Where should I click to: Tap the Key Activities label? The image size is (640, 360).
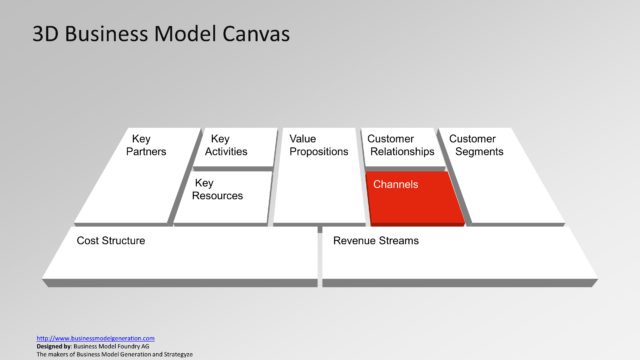click(x=226, y=145)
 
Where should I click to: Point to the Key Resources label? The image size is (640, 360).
click(x=218, y=190)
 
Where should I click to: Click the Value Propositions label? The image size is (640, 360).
click(x=318, y=145)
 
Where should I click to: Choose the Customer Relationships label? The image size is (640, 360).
click(x=400, y=145)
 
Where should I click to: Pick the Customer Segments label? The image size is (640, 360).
click(x=477, y=145)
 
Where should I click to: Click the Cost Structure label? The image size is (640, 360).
click(x=111, y=241)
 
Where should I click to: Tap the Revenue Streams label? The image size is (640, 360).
click(x=376, y=241)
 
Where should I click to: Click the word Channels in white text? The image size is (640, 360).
click(x=395, y=185)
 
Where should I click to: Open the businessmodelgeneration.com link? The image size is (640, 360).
click(x=95, y=338)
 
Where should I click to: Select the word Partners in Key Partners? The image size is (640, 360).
click(x=146, y=152)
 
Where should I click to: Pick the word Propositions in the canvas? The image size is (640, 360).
click(x=318, y=152)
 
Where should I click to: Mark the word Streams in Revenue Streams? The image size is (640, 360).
click(x=397, y=241)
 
